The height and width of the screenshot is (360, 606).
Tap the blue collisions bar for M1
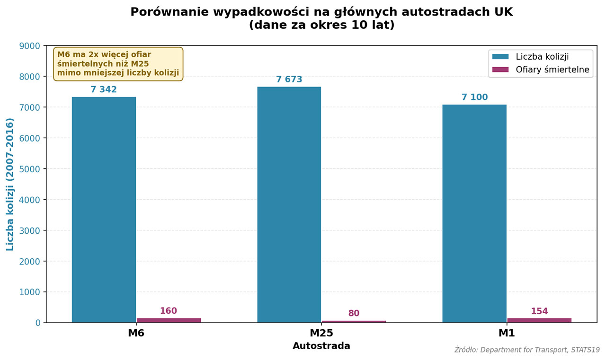pyautogui.click(x=474, y=213)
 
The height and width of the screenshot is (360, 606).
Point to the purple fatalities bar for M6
pyautogui.click(x=169, y=320)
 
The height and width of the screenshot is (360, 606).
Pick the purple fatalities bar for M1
pyautogui.click(x=539, y=320)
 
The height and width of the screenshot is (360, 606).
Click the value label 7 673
pyautogui.click(x=289, y=79)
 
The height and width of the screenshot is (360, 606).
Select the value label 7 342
pyautogui.click(x=104, y=90)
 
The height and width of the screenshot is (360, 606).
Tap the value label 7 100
pyautogui.click(x=474, y=97)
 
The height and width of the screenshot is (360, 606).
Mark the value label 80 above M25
pyautogui.click(x=354, y=314)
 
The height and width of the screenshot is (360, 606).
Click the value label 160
pyautogui.click(x=169, y=311)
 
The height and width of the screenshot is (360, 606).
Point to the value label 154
pyautogui.click(x=539, y=312)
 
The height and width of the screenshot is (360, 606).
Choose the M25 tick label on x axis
pyautogui.click(x=321, y=334)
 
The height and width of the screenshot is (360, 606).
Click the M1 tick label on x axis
pyautogui.click(x=507, y=334)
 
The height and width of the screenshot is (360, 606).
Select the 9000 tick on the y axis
pyautogui.click(x=29, y=46)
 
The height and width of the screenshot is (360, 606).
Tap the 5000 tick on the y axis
pyautogui.click(x=29, y=169)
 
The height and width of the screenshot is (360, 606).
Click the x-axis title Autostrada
pyautogui.click(x=321, y=346)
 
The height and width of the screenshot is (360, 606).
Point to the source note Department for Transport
pyautogui.click(x=527, y=350)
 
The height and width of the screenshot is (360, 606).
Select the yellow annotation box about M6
pyautogui.click(x=118, y=64)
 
